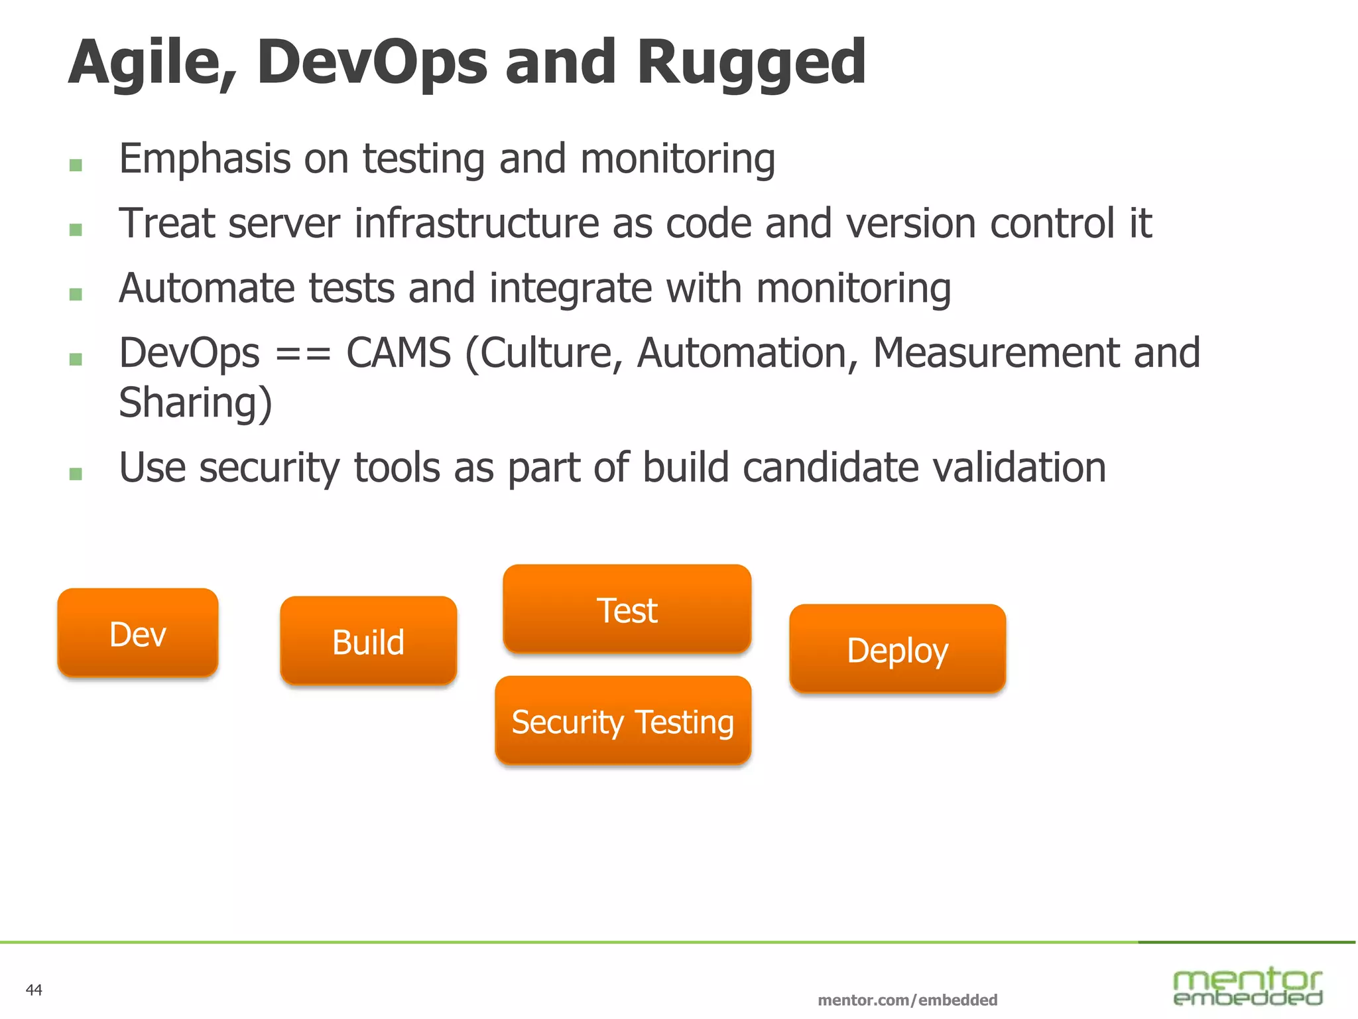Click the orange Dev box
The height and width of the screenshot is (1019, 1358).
pyautogui.click(x=138, y=633)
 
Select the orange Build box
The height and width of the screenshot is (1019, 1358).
pyautogui.click(x=369, y=641)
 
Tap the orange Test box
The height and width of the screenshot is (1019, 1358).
pyautogui.click(x=627, y=609)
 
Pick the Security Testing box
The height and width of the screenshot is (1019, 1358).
pyautogui.click(x=623, y=720)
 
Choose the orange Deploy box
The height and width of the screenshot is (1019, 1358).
pyautogui.click(x=897, y=649)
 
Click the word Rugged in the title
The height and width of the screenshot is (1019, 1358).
pyautogui.click(x=751, y=63)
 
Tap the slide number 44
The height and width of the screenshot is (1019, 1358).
pyautogui.click(x=34, y=990)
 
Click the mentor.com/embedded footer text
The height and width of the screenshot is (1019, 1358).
pyautogui.click(x=907, y=1000)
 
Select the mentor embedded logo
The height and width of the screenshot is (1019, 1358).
pyautogui.click(x=1247, y=986)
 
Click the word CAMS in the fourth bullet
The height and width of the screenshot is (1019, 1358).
pyautogui.click(x=399, y=353)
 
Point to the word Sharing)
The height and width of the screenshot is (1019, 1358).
pyautogui.click(x=196, y=403)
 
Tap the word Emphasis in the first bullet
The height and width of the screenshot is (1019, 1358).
pyautogui.click(x=205, y=159)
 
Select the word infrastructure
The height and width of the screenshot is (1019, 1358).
pyautogui.click(x=477, y=224)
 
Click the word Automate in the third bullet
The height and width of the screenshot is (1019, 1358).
pyautogui.click(x=206, y=289)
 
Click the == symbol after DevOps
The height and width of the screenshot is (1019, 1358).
pyautogui.click(x=303, y=354)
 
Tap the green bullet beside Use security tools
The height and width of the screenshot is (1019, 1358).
pyautogui.click(x=76, y=474)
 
